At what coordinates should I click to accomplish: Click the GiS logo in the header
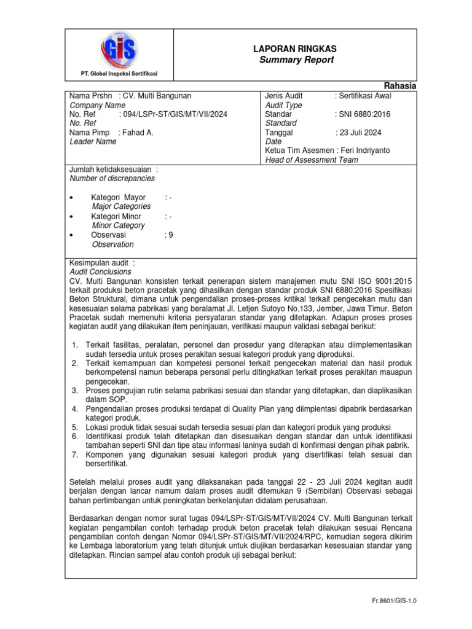click(119, 49)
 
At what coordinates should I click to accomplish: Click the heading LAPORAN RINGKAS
click(295, 49)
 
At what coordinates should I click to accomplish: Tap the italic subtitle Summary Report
click(295, 60)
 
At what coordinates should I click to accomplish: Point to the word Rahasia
click(400, 86)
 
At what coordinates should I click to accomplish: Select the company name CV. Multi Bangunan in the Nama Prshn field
click(157, 96)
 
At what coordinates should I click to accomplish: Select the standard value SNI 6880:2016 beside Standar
click(363, 114)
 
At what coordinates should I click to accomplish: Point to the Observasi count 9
click(170, 235)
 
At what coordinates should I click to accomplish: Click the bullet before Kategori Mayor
click(73, 198)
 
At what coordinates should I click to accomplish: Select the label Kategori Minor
click(116, 216)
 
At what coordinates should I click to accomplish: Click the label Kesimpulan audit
click(101, 262)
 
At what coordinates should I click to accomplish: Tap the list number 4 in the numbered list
click(74, 408)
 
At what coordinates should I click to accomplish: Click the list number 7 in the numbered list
click(74, 455)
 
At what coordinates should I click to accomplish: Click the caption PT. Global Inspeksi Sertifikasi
click(119, 74)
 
